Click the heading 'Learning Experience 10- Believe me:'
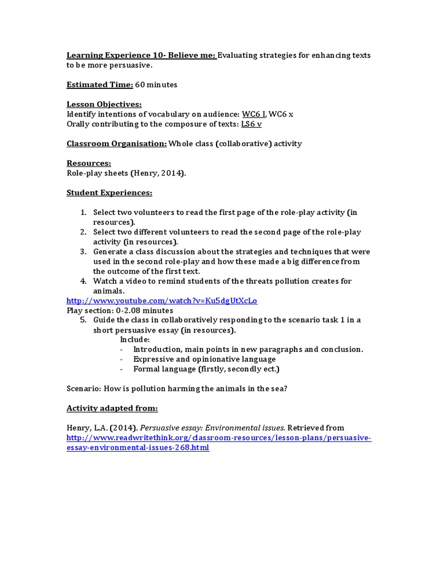click(x=141, y=55)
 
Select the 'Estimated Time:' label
click(x=100, y=85)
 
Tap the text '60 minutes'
click(x=156, y=85)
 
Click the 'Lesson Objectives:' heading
click(x=104, y=104)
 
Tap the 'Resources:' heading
click(x=89, y=163)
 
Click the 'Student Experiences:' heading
click(x=109, y=193)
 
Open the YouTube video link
click(x=162, y=300)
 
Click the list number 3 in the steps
click(x=82, y=252)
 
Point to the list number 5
click(x=82, y=320)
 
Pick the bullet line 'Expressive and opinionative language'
click(x=204, y=359)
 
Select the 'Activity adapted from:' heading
click(x=112, y=408)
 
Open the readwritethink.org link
click(x=219, y=438)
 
